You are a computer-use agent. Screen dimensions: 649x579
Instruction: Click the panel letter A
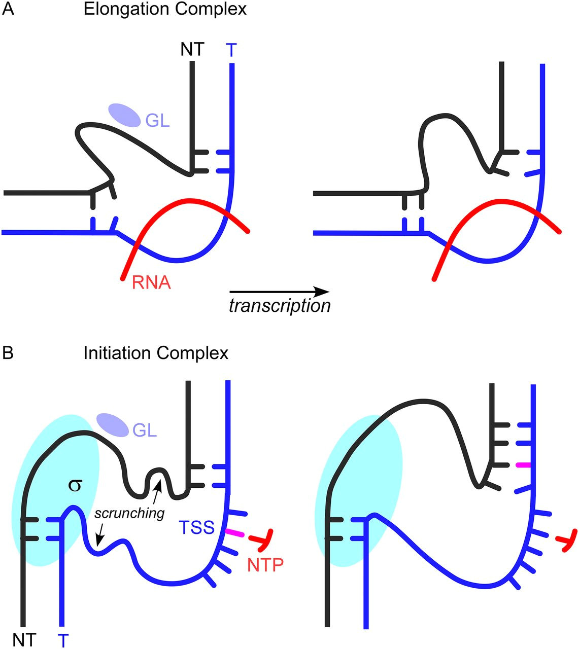[x=9, y=10]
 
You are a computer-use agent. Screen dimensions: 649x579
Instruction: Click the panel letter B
[x=9, y=352]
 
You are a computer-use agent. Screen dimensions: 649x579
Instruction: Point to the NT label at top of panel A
[x=192, y=49]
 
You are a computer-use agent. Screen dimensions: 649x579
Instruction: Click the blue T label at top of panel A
[x=231, y=50]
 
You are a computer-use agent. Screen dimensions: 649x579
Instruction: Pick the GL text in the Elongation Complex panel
[x=157, y=121]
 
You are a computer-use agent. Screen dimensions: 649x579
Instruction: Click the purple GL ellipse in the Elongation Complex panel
[x=124, y=115]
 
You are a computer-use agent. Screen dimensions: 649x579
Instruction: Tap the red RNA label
[x=151, y=282]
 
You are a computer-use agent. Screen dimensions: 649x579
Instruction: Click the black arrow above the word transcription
[x=279, y=292]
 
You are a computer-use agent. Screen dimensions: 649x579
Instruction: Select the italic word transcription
[x=280, y=306]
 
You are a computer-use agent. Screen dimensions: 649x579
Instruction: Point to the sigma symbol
[x=75, y=485]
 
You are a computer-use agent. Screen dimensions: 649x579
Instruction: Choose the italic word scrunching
[x=129, y=513]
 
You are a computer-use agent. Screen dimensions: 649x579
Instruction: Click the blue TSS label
[x=196, y=528]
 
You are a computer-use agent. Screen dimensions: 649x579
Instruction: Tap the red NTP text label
[x=265, y=564]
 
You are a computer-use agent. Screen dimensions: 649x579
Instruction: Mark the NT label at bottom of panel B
[x=24, y=640]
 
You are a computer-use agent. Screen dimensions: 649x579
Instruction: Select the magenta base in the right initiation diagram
[x=523, y=465]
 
